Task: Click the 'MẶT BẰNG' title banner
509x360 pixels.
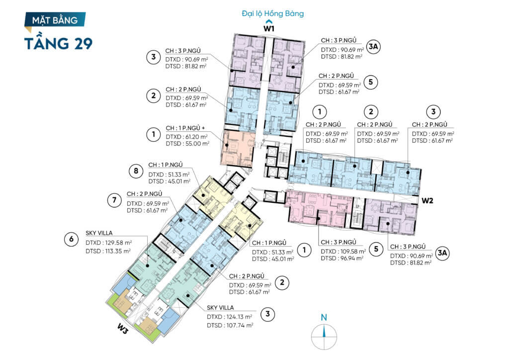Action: point(55,20)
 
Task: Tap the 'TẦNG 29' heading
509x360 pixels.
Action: point(59,43)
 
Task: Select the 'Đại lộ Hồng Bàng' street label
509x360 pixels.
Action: point(273,13)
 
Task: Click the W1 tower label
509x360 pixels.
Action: point(269,28)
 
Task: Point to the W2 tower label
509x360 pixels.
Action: point(427,200)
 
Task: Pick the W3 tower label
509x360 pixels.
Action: point(122,330)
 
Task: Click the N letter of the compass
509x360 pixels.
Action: point(324,317)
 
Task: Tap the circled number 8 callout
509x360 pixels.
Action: point(136,171)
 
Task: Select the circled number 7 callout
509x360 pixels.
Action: point(114,200)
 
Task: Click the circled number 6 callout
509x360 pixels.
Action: point(72,239)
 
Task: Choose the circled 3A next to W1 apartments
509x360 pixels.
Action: point(373,47)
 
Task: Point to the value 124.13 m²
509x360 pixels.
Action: point(239,317)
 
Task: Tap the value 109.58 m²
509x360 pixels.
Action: point(353,251)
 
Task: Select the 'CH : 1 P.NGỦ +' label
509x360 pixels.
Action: point(185,128)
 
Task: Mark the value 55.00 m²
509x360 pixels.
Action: point(197,144)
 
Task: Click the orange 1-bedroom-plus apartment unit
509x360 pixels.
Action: point(238,149)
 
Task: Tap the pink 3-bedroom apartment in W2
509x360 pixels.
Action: point(318,209)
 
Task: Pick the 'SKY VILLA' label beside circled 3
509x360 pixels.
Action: point(220,307)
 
